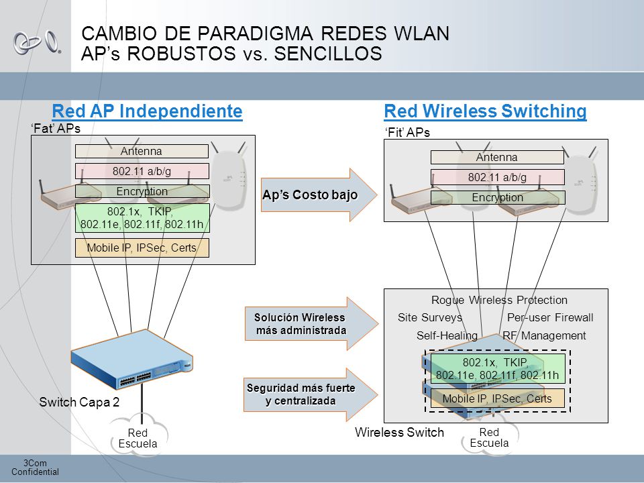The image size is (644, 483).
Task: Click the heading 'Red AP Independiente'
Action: pos(147,111)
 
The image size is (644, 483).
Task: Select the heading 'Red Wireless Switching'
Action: pos(485,111)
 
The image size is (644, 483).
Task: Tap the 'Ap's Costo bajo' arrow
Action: pos(319,195)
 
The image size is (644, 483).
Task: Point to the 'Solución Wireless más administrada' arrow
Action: pos(312,323)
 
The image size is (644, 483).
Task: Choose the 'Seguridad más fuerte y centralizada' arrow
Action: pos(311,394)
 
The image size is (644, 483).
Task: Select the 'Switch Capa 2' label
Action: pos(79,402)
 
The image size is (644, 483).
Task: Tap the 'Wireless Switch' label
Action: pos(399,433)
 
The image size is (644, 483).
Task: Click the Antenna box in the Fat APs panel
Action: pos(142,151)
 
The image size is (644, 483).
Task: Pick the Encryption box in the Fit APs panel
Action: pos(498,197)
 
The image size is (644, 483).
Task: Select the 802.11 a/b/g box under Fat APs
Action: pos(142,171)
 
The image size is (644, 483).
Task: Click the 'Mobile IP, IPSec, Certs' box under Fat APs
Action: pos(142,248)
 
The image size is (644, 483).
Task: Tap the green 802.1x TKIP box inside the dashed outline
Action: pos(498,368)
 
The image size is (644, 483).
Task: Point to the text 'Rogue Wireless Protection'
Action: pos(499,301)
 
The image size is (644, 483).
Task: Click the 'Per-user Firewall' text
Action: pos(550,317)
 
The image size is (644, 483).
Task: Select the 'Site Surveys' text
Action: pos(430,317)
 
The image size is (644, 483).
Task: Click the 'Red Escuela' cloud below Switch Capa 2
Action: pos(138,435)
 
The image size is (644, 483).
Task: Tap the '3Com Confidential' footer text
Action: pos(35,468)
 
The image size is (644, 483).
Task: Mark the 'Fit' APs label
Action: pos(407,133)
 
